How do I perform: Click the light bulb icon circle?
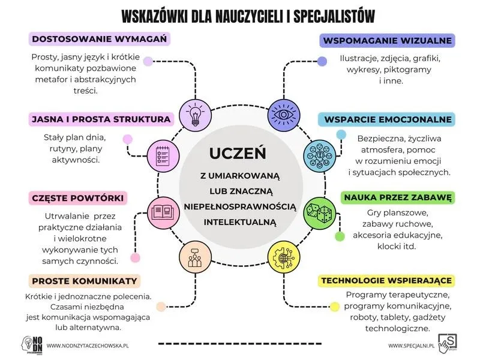point(196,115)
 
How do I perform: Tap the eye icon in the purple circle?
point(284,115)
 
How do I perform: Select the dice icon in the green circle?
point(320,213)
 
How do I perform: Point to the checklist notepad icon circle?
point(163,156)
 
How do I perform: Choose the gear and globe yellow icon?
point(284,257)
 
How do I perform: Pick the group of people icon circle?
point(196,257)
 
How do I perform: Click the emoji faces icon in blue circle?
point(320,156)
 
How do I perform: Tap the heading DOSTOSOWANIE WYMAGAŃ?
point(100,39)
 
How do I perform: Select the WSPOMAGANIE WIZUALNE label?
point(387,41)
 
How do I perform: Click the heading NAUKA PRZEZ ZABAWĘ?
point(398,197)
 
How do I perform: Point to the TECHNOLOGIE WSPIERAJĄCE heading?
point(386,280)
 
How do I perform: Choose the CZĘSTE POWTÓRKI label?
point(78,198)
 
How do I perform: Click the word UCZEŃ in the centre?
point(238,154)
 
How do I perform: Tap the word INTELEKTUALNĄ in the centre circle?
point(240,221)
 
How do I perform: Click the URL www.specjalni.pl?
point(411,346)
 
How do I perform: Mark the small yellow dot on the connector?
point(335,307)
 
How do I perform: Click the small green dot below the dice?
point(340,236)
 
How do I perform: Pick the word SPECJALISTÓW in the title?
point(334,16)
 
